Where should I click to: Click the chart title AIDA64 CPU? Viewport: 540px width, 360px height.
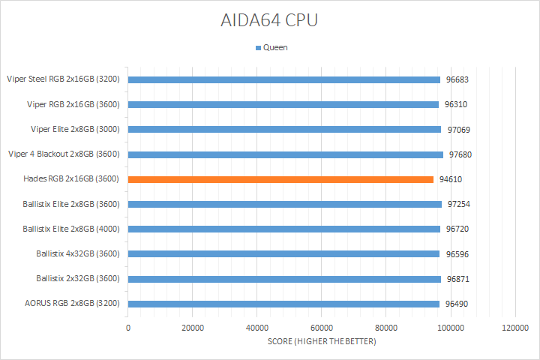click(x=270, y=20)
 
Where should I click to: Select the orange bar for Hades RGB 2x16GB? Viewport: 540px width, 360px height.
click(x=281, y=179)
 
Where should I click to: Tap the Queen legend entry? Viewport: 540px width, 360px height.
click(x=271, y=47)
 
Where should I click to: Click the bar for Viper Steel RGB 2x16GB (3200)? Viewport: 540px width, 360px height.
click(x=284, y=79)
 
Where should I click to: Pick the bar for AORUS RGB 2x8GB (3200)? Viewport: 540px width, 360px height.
click(x=283, y=304)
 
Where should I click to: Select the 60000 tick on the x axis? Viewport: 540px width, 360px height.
click(x=322, y=328)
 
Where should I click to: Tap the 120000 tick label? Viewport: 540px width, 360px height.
click(x=514, y=328)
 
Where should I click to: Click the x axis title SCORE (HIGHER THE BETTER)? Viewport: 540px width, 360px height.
click(x=322, y=342)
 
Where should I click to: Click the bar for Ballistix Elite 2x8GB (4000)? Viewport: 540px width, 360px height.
click(x=284, y=229)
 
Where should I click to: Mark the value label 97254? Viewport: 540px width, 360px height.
click(x=460, y=204)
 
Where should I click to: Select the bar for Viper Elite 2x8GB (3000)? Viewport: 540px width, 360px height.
click(x=285, y=129)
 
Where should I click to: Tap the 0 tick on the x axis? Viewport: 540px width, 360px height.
click(x=128, y=328)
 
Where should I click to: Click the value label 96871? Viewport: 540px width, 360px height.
click(x=457, y=279)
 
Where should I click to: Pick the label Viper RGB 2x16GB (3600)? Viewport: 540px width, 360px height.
click(x=74, y=104)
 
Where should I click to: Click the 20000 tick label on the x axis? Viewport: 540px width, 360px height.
click(x=193, y=328)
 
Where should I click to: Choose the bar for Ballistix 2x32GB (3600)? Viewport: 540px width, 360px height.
click(x=284, y=279)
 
